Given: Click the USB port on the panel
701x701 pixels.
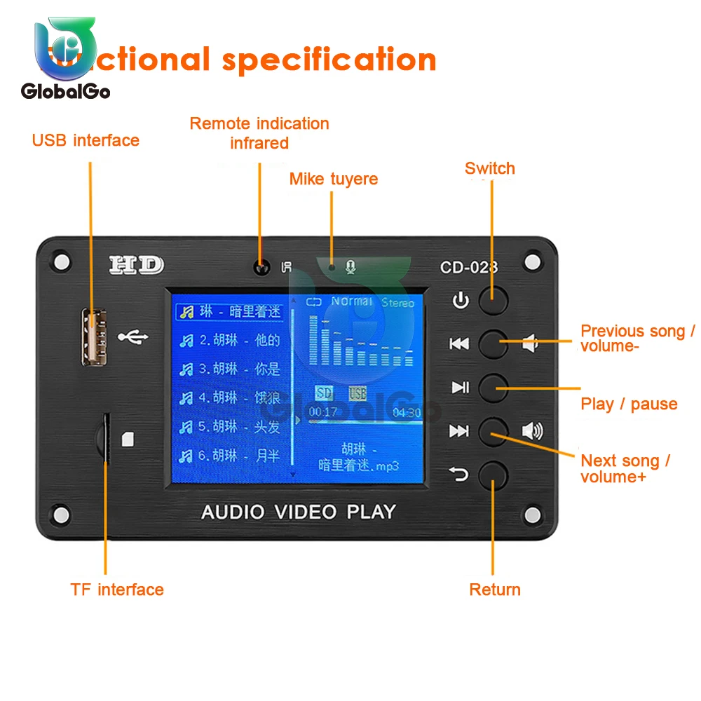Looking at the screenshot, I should pos(90,338).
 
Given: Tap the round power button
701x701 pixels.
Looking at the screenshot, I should pos(493,300).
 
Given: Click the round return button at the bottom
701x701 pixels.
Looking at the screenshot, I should pos(493,475).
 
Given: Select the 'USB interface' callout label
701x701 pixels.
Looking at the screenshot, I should pos(86,140).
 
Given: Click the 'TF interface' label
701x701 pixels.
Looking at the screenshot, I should pos(117,590).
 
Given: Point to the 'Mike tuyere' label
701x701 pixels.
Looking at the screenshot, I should pos(334,179).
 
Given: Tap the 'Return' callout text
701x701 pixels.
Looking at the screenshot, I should pos(495,590).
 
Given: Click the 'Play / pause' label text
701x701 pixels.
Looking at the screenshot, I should pos(629,404).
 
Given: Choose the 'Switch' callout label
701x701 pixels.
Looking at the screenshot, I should pos(489,168).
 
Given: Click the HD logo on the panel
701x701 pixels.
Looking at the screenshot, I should pos(137,265).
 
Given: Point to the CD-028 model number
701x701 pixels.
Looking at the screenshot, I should pos(469,267).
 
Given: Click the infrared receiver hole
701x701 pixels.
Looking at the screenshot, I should pos(262,267).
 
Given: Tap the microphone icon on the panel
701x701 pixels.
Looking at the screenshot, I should pos(351,266).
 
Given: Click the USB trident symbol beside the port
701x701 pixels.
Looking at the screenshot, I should pos(132,337).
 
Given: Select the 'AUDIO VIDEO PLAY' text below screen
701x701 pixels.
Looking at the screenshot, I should pos(299,512).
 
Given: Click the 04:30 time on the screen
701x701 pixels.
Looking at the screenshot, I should pos(407,413).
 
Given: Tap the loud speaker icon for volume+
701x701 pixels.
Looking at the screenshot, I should pos(532,430).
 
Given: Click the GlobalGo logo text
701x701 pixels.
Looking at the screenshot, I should pos(66,90).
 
